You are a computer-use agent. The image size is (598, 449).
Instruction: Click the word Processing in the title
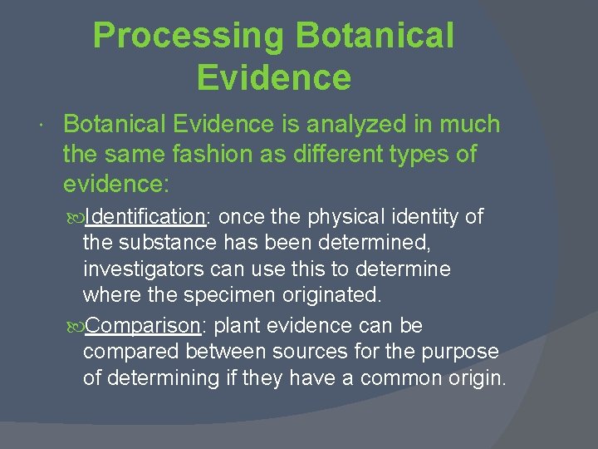point(189,37)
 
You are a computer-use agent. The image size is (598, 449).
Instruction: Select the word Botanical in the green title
point(375,37)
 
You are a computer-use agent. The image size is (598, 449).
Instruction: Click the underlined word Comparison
point(140,325)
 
